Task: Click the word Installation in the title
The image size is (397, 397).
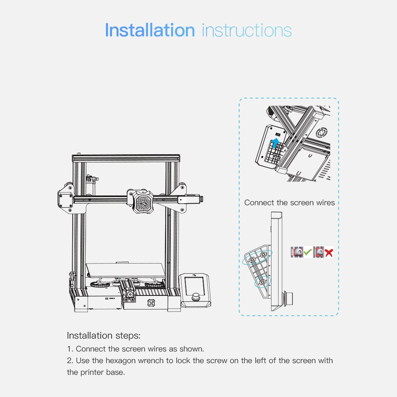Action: tap(150, 30)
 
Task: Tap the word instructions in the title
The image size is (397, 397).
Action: tap(247, 30)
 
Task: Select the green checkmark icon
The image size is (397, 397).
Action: tap(307, 252)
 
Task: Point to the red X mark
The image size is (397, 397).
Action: tap(329, 253)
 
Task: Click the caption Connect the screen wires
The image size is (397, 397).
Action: tap(289, 203)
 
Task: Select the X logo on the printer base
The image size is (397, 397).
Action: tap(151, 303)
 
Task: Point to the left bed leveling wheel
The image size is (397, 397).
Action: tap(100, 284)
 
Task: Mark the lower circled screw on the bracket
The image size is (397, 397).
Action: tap(262, 282)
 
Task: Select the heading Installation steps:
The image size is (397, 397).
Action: tap(104, 335)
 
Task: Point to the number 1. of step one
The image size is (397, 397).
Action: tap(70, 349)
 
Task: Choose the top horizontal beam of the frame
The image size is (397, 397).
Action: tap(126, 158)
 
